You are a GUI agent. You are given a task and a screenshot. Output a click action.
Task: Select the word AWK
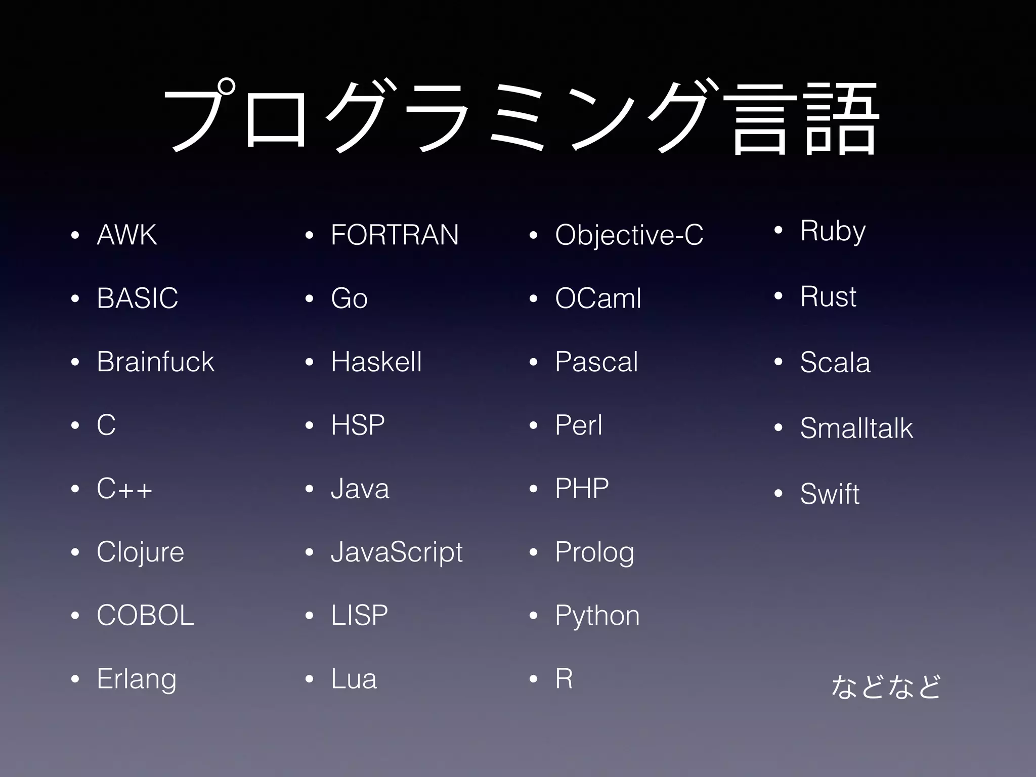click(x=127, y=235)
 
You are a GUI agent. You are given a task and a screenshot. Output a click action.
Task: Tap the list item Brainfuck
click(x=155, y=362)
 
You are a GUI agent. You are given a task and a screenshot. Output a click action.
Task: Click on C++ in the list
click(x=124, y=489)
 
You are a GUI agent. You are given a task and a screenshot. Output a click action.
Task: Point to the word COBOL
click(x=145, y=616)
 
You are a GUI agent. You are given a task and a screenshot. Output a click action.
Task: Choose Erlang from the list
click(x=137, y=679)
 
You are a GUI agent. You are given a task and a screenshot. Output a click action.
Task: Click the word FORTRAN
click(x=395, y=235)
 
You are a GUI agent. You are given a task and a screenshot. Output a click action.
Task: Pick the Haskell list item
click(x=376, y=362)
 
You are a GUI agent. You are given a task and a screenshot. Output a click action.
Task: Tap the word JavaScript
click(x=397, y=552)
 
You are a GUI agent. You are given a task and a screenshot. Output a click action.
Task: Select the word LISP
click(x=359, y=616)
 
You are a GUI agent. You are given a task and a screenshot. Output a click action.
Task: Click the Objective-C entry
click(x=629, y=235)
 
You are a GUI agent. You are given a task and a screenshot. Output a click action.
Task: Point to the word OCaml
click(x=598, y=298)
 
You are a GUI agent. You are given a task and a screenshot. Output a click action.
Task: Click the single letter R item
click(x=564, y=679)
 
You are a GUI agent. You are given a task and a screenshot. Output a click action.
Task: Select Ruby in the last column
click(x=833, y=231)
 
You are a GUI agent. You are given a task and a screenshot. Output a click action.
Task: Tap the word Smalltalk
click(x=856, y=428)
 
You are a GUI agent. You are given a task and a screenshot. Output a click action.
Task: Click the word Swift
click(x=830, y=494)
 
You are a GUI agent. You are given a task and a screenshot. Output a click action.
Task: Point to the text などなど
click(x=886, y=686)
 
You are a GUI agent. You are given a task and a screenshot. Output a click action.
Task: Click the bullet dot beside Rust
click(x=779, y=295)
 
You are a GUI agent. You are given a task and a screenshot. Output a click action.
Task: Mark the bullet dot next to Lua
click(x=310, y=679)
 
